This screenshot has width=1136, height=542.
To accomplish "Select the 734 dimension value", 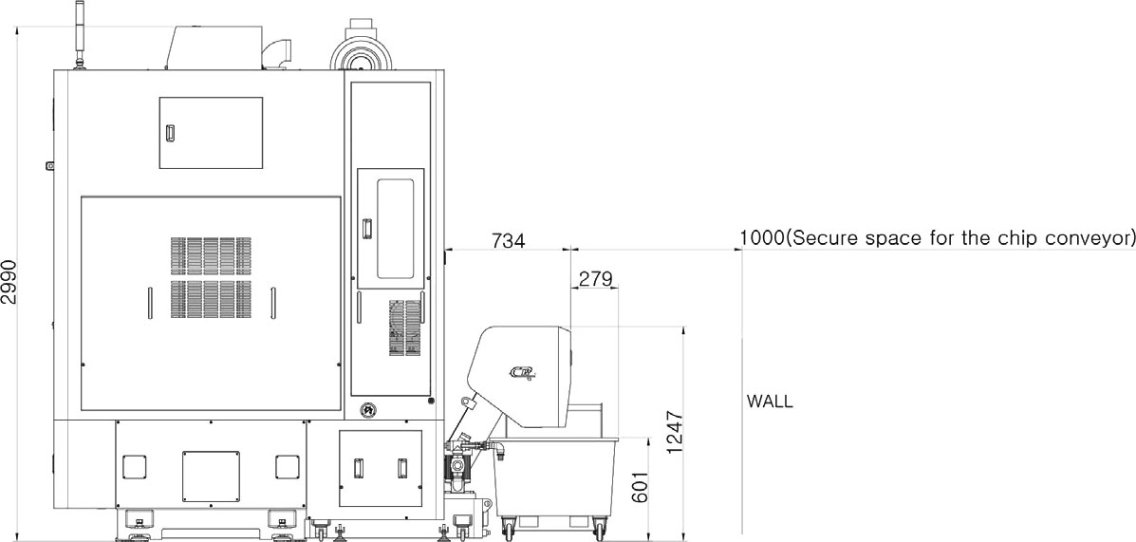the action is (x=508, y=240).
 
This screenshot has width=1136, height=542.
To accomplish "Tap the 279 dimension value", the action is (x=596, y=279).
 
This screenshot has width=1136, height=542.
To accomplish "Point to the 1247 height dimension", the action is (x=675, y=433).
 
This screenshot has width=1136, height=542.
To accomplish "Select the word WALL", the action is (x=770, y=402).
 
